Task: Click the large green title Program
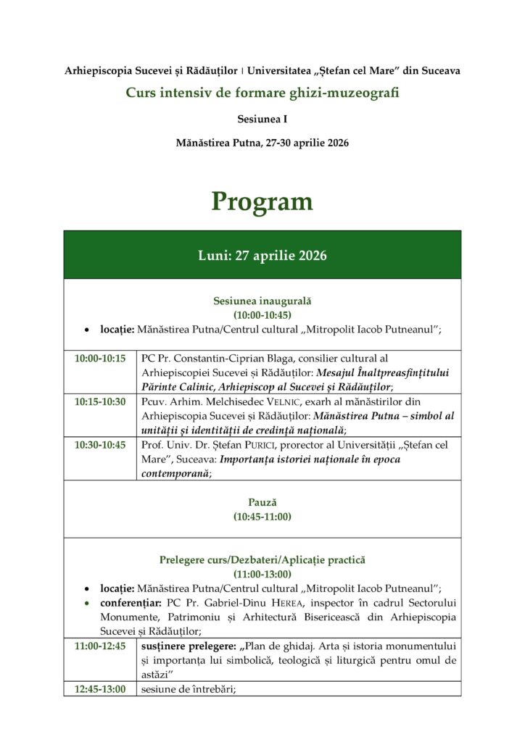(262, 201)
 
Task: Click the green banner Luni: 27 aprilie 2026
(262, 256)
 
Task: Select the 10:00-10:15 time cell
(100, 358)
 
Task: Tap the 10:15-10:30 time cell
(100, 401)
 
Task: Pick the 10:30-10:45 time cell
(100, 445)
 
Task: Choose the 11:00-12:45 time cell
(100, 645)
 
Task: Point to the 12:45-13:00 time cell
(100, 689)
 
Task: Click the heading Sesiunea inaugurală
(262, 300)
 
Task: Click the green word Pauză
(262, 501)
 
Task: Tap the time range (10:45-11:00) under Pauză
(262, 516)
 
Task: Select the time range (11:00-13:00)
(262, 574)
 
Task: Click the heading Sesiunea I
(262, 118)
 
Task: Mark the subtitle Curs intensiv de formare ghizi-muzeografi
(262, 93)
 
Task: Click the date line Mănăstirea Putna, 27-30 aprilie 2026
(262, 143)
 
